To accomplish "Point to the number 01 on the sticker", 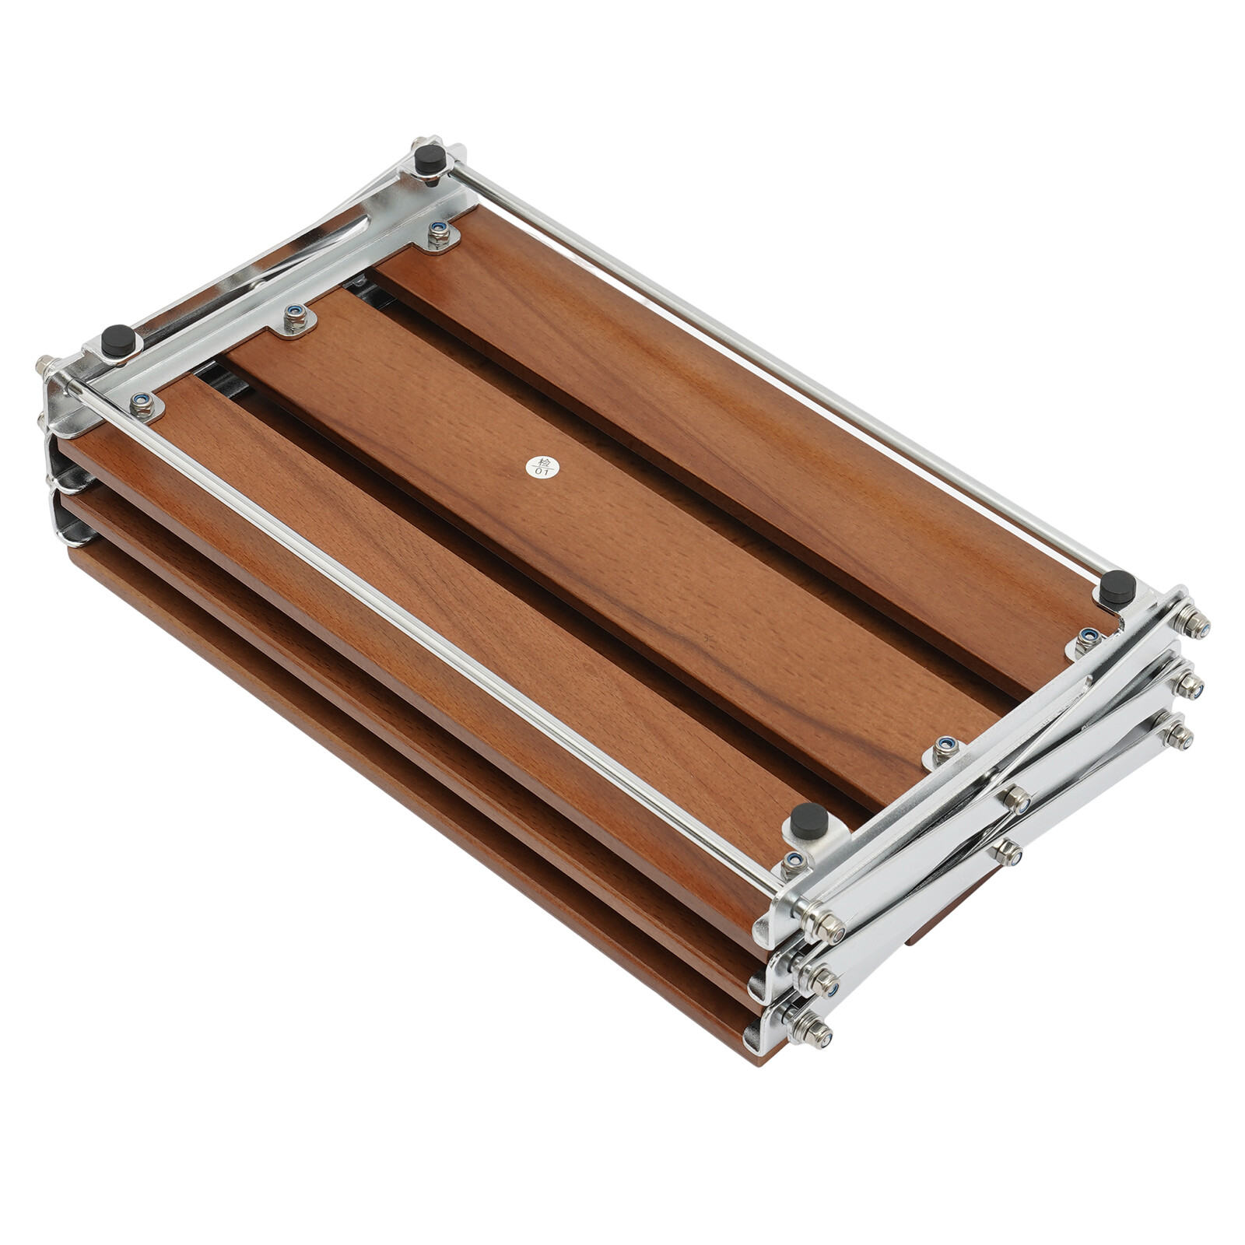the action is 541,472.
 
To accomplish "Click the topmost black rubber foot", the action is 429,160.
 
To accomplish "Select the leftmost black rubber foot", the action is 117,340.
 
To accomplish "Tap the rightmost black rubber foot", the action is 1117,587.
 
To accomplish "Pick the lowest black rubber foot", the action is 808,821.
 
